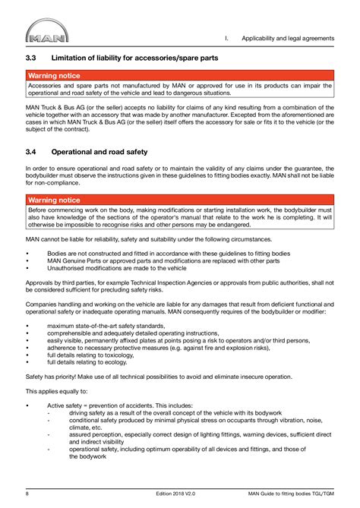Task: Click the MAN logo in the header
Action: [46, 35]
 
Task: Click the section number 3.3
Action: [32, 58]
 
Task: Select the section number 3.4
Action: [32, 151]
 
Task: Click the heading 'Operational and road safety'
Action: [102, 151]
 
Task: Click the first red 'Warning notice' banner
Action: [54, 76]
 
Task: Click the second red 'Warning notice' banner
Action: [54, 200]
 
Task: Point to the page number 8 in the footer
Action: [27, 494]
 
